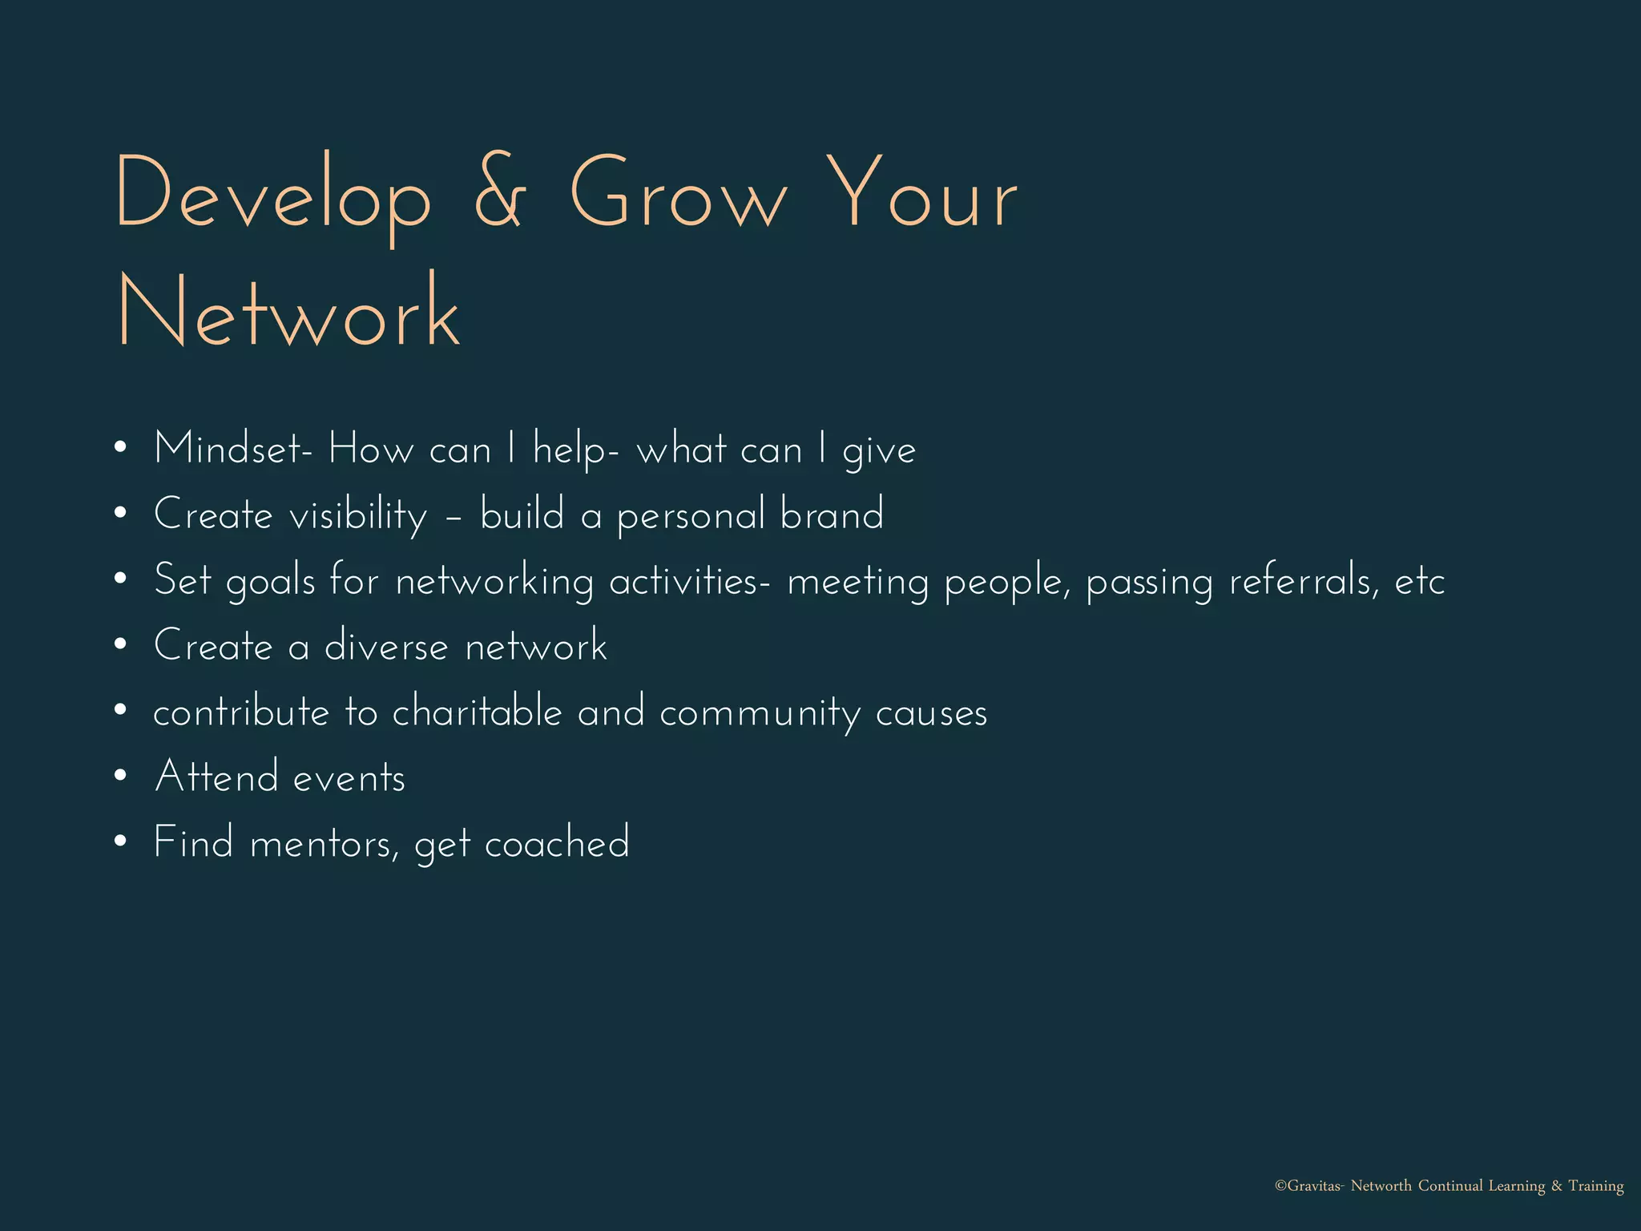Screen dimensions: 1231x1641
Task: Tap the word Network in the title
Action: click(x=289, y=313)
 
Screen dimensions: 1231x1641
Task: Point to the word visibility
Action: click(x=358, y=515)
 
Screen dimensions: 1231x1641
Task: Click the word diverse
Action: click(x=386, y=646)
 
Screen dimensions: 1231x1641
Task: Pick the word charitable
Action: click(x=478, y=712)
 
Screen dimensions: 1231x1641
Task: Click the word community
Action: click(x=760, y=713)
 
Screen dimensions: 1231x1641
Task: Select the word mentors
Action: click(x=324, y=844)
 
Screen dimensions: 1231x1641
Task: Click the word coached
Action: click(x=558, y=843)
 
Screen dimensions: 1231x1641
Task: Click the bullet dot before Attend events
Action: click(x=120, y=776)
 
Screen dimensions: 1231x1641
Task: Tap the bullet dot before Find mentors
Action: click(x=120, y=842)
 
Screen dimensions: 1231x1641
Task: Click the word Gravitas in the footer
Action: click(x=1313, y=1186)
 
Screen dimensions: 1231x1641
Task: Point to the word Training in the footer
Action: click(x=1595, y=1186)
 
